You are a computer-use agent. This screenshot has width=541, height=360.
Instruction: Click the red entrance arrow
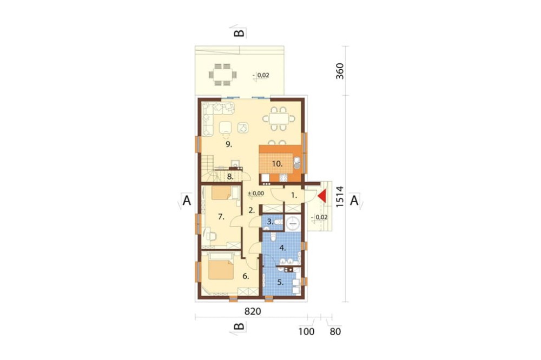pos(322,196)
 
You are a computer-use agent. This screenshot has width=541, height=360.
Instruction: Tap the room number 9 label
pos(229,144)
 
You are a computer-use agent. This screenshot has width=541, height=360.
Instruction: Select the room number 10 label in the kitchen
pos(277,164)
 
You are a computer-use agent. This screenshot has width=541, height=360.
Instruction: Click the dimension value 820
pos(253,311)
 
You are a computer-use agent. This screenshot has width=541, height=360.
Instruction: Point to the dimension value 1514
pos(340,197)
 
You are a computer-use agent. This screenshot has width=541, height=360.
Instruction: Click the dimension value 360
pos(340,71)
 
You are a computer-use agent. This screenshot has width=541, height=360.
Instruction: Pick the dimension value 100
pos(306,332)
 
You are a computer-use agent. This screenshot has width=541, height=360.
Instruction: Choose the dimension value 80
pos(335,332)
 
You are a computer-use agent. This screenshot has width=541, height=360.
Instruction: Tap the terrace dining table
pos(222,74)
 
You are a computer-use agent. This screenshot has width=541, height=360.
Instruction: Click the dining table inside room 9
pos(279,119)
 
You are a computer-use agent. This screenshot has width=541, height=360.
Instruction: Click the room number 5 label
pos(280,282)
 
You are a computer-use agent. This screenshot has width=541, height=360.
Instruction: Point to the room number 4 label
pos(282,248)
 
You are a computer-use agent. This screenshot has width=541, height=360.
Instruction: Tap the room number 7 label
pos(221,217)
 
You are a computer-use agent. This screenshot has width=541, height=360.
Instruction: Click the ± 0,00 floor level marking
pos(256,194)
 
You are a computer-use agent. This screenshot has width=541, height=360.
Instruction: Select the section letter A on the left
pos(186,201)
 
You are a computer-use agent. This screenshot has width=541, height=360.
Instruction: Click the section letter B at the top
pos(239,33)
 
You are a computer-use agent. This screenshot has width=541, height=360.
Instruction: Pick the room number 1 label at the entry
pos(294,196)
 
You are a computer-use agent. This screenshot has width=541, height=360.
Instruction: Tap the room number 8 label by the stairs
pos(230,177)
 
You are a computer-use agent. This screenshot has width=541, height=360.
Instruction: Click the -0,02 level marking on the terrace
pos(261,75)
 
